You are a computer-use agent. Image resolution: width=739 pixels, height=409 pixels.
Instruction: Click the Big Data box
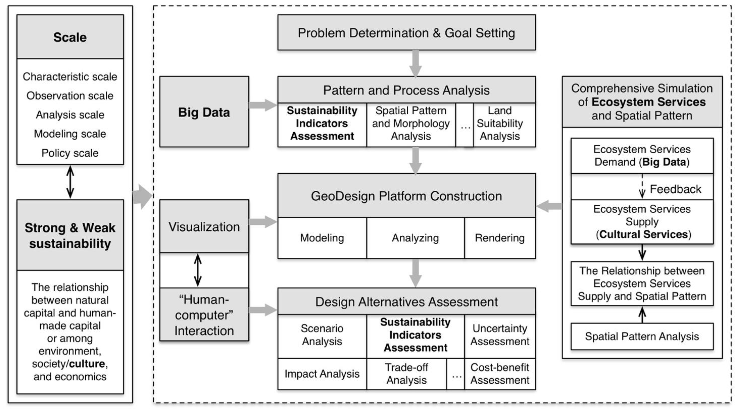(204, 112)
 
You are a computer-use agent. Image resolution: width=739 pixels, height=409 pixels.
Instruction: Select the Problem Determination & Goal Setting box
(406, 33)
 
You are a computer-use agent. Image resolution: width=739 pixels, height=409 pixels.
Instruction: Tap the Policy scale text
(70, 153)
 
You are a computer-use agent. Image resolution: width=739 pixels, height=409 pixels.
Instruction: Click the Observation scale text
(70, 96)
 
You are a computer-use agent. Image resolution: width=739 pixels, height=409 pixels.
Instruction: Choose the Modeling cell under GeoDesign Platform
(322, 238)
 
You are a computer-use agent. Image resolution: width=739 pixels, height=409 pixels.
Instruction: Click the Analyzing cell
(415, 238)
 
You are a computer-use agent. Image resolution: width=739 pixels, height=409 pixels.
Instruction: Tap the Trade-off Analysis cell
(406, 374)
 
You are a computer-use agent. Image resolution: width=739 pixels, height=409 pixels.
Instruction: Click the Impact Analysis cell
(322, 374)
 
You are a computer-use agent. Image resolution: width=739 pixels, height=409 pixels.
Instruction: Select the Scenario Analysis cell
(322, 335)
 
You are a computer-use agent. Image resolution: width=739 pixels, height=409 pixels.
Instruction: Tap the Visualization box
(204, 227)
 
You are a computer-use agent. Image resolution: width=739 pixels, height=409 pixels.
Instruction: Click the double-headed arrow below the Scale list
(70, 182)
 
